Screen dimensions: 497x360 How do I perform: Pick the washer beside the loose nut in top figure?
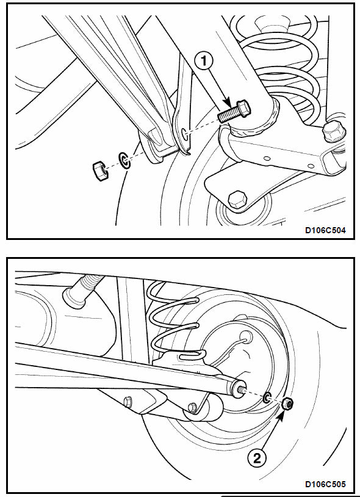[x=124, y=161]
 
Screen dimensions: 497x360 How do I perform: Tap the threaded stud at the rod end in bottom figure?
[x=242, y=388]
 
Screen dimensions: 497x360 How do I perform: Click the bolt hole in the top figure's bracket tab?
[x=184, y=133]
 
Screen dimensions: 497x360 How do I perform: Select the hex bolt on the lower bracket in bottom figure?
[x=129, y=401]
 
